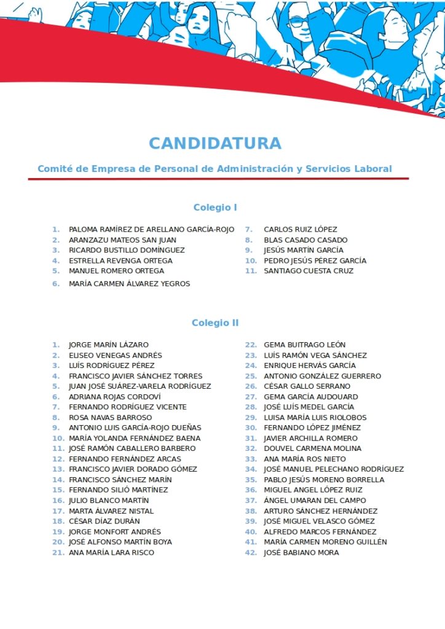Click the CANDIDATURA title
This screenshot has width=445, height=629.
tap(215, 144)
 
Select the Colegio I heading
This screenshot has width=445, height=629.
tap(215, 208)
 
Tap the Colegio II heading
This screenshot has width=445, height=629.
tap(215, 323)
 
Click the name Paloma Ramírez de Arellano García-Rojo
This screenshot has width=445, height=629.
tap(151, 230)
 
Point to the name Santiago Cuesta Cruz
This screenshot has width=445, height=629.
tap(309, 271)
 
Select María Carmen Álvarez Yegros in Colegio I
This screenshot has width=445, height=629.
tap(129, 284)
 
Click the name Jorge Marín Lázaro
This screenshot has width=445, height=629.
tap(108, 345)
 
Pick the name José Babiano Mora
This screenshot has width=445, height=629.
tap(301, 553)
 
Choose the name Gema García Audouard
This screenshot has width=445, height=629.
tap(310, 397)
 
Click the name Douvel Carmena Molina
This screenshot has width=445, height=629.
tap(312, 448)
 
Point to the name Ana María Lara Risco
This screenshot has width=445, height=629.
tap(111, 553)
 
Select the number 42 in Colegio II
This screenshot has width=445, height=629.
tap(251, 553)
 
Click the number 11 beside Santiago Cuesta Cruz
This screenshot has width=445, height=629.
tap(251, 271)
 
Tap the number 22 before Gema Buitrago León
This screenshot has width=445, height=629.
tap(251, 345)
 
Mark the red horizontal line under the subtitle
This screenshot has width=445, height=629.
tap(218, 179)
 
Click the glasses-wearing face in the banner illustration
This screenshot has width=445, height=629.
tap(299, 25)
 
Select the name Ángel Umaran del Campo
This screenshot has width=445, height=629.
tap(315, 501)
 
